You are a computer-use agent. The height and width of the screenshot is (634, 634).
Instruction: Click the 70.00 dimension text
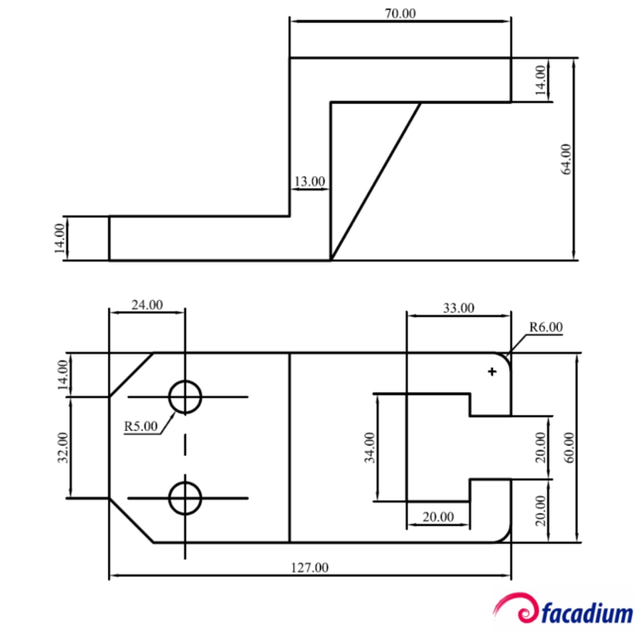[x=400, y=14]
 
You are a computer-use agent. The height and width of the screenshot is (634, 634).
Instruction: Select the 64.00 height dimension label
[x=566, y=159]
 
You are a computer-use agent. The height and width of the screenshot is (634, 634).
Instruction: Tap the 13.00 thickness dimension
[x=308, y=181]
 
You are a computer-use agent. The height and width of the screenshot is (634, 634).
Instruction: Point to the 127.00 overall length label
[x=309, y=568]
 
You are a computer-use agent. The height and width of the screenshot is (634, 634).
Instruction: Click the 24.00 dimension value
[x=147, y=304]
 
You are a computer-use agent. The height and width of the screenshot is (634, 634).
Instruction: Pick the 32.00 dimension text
[x=63, y=448]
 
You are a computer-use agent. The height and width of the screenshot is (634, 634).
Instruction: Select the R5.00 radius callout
[x=141, y=427]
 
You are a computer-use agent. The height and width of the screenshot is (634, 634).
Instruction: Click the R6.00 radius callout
[x=545, y=327]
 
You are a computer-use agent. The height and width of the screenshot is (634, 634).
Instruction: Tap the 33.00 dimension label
[x=458, y=308]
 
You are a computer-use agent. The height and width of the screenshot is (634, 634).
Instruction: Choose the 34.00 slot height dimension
[x=370, y=448]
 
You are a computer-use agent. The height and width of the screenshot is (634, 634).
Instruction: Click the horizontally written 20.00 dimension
[x=438, y=516]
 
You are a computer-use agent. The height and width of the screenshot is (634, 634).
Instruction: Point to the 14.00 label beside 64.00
[x=540, y=79]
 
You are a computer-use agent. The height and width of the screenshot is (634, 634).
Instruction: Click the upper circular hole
[x=184, y=397]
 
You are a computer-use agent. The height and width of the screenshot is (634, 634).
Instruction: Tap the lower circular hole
[x=184, y=497]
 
